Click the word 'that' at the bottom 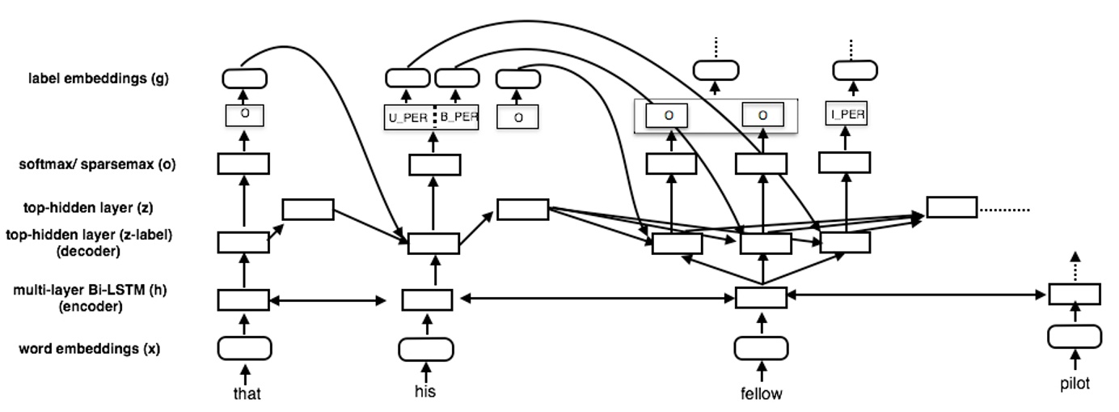pos(246,394)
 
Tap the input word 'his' pos(424,391)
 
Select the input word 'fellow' pos(761,394)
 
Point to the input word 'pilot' pos(1075,384)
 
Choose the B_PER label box pos(458,117)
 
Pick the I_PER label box pos(846,115)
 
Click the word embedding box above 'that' pos(244,349)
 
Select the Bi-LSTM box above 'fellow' pos(760,298)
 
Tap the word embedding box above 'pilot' pos(1075,336)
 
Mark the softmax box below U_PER pos(434,165)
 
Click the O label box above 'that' pos(244,115)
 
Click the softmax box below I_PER pos(844,163)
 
